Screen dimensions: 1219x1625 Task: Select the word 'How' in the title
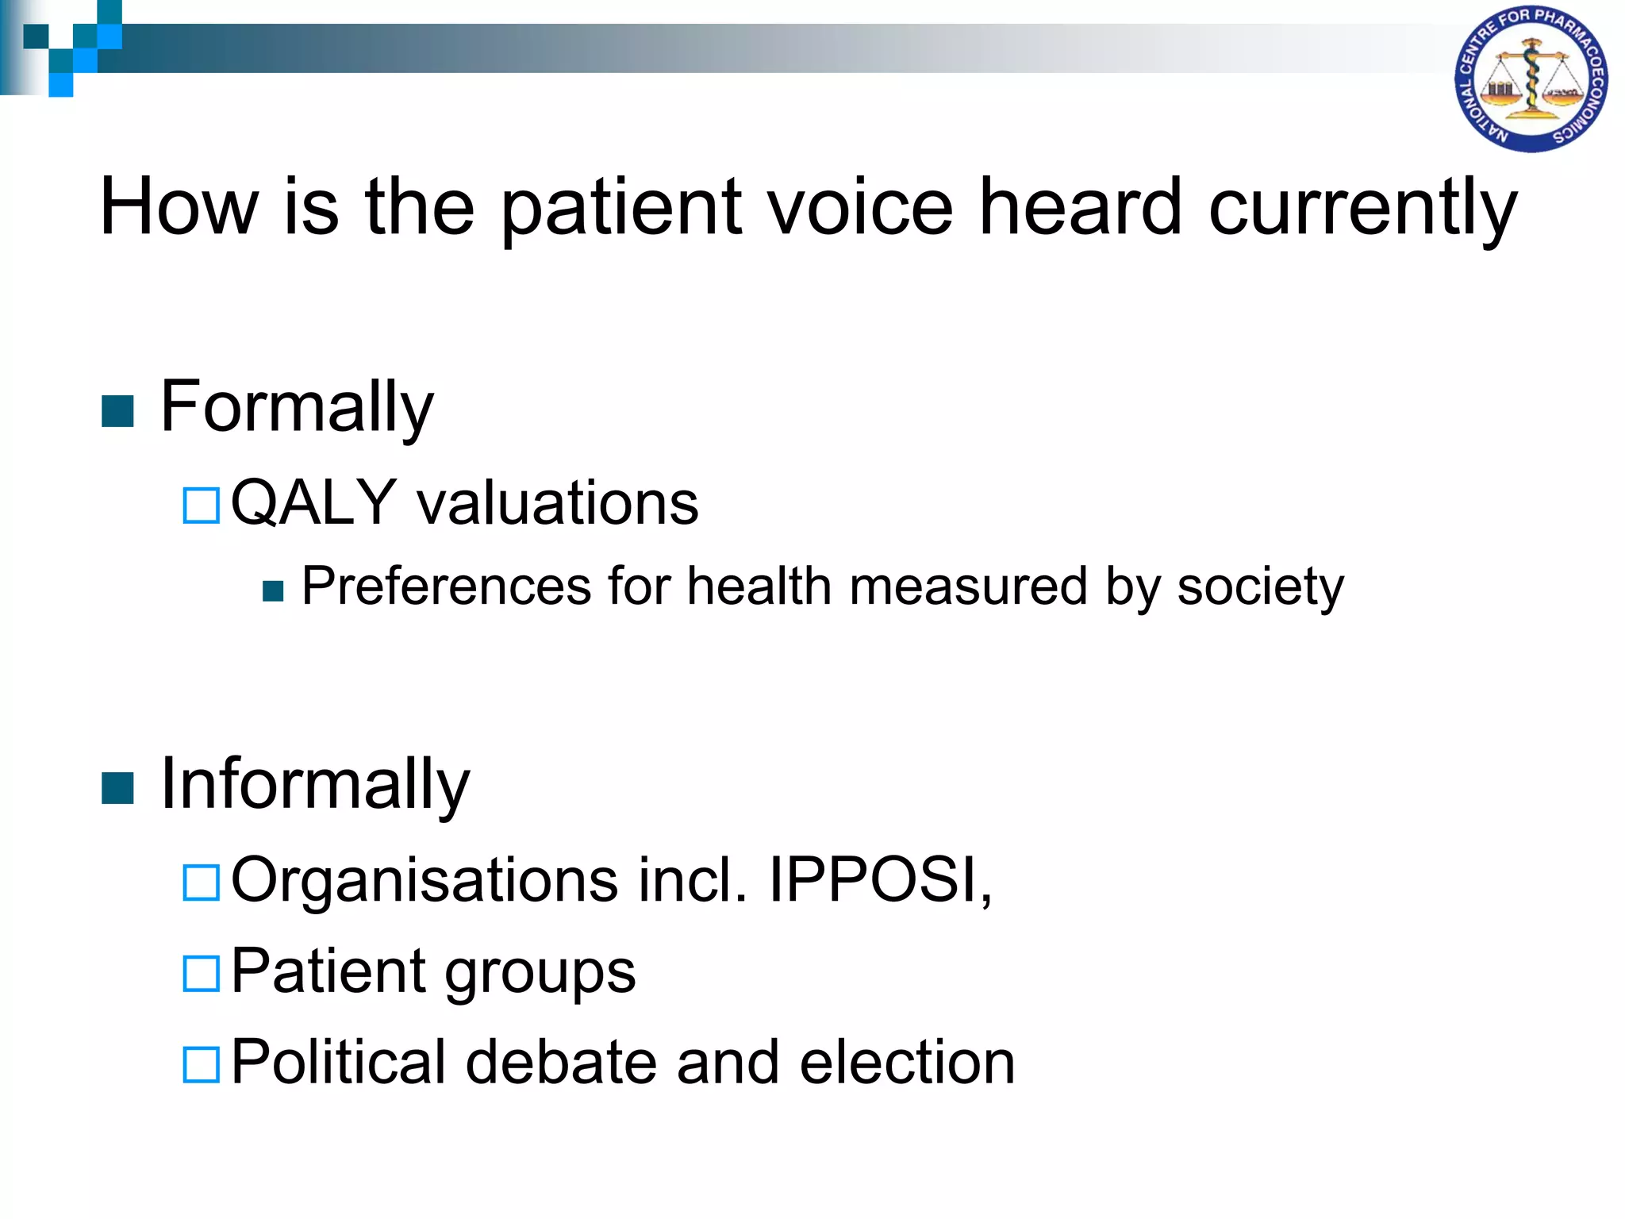click(179, 207)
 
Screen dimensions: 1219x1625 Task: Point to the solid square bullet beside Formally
click(118, 411)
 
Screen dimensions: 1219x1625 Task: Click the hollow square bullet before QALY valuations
click(201, 506)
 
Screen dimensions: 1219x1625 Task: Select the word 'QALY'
click(313, 503)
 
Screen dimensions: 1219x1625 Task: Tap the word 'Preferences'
click(447, 586)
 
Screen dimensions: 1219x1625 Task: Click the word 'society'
click(1260, 588)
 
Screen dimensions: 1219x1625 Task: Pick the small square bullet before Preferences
click(273, 591)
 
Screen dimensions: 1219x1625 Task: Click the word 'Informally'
click(315, 785)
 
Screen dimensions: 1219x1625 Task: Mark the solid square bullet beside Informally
click(118, 788)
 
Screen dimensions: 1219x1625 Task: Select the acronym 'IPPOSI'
click(873, 880)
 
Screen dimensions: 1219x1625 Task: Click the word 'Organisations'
click(424, 880)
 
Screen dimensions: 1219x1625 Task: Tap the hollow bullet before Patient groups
click(201, 974)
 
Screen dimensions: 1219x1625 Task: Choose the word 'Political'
click(339, 1063)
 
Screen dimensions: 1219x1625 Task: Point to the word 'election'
click(907, 1063)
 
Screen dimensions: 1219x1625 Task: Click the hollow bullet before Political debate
click(201, 1065)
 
